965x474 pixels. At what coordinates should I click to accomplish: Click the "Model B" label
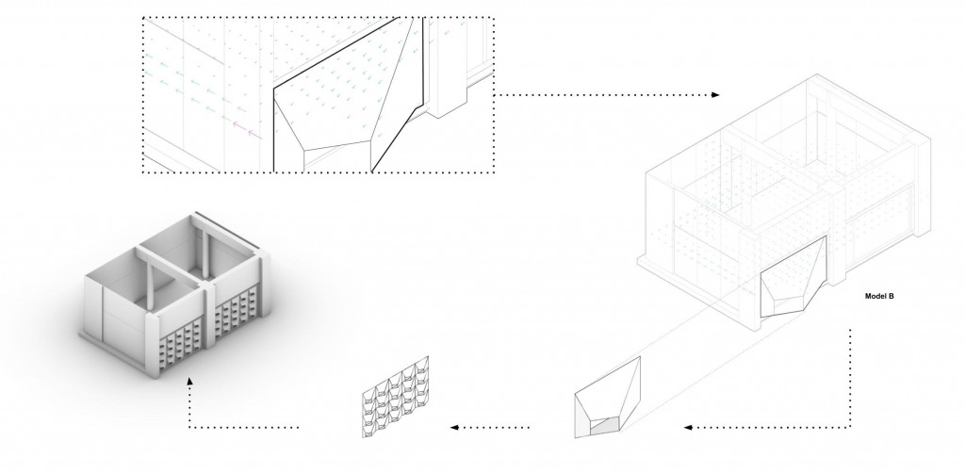point(879,296)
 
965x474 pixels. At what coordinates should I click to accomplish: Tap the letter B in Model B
point(891,296)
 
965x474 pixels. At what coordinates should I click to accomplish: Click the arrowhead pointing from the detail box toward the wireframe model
point(715,95)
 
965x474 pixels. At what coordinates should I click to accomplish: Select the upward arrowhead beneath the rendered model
point(189,382)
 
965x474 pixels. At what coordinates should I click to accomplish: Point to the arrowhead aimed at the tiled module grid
point(455,427)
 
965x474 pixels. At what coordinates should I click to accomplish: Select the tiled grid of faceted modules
point(396,397)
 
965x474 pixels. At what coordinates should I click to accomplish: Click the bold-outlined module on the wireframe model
point(793,277)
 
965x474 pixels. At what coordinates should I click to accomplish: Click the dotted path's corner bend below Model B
point(851,427)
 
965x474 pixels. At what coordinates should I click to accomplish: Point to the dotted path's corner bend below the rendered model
point(189,427)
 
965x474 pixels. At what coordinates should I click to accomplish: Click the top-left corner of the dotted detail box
point(143,18)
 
